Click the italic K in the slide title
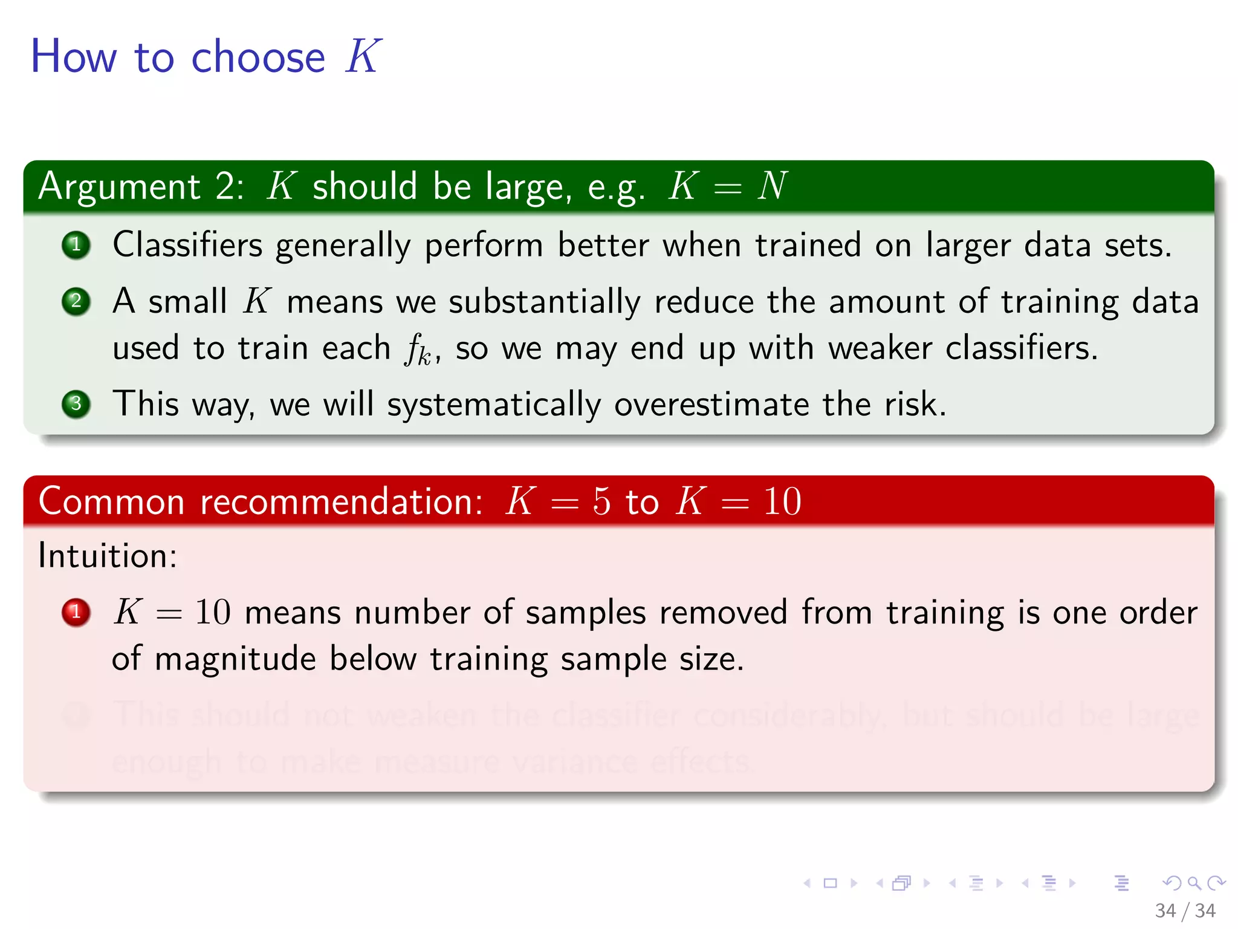click(x=363, y=57)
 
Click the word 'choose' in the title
click(x=258, y=58)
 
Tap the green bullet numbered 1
click(x=76, y=245)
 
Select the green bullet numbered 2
click(x=76, y=301)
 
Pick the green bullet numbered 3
click(x=76, y=403)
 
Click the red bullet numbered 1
click(x=76, y=612)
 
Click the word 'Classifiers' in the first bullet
click(x=187, y=245)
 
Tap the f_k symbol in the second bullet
click(x=417, y=350)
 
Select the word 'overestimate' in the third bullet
click(x=711, y=404)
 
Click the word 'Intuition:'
click(x=108, y=555)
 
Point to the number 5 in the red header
click(x=601, y=501)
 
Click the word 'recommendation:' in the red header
click(x=342, y=501)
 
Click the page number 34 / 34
click(x=1185, y=910)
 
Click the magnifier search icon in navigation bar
click(x=1194, y=883)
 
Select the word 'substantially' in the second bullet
click(x=544, y=302)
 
